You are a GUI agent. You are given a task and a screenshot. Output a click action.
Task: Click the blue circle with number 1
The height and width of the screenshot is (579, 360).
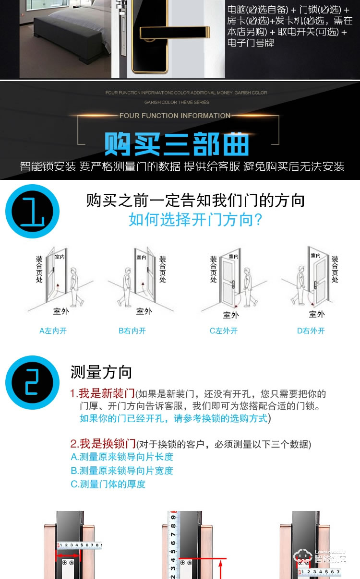click(32, 211)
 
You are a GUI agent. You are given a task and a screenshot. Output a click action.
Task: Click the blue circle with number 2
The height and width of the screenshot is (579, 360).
click(32, 382)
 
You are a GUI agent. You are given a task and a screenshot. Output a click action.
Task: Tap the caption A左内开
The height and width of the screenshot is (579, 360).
click(53, 331)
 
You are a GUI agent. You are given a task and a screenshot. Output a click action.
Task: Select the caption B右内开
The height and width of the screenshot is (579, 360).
click(132, 331)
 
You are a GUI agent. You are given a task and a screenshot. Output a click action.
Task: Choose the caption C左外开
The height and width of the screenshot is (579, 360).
click(224, 331)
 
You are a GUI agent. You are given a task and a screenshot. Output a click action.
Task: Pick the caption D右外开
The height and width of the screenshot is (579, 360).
click(311, 331)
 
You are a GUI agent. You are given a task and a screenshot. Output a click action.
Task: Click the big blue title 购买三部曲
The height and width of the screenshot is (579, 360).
click(177, 143)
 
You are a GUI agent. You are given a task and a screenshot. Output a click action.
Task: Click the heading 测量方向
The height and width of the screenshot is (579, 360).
click(101, 372)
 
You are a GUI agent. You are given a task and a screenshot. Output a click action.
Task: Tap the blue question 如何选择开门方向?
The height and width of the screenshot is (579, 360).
click(195, 220)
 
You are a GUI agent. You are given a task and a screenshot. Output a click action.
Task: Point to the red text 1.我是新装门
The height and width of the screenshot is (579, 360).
click(102, 394)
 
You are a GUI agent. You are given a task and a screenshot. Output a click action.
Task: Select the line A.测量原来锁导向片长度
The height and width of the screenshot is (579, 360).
click(122, 457)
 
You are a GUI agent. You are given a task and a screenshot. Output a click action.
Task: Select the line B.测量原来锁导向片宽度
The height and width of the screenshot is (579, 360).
click(122, 471)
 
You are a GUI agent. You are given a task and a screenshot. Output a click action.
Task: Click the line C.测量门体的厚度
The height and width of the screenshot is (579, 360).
click(108, 484)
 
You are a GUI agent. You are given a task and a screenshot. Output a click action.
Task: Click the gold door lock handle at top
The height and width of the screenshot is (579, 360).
click(182, 33)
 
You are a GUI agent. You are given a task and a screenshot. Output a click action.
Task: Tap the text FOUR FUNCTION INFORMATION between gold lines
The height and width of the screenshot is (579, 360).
click(175, 116)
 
